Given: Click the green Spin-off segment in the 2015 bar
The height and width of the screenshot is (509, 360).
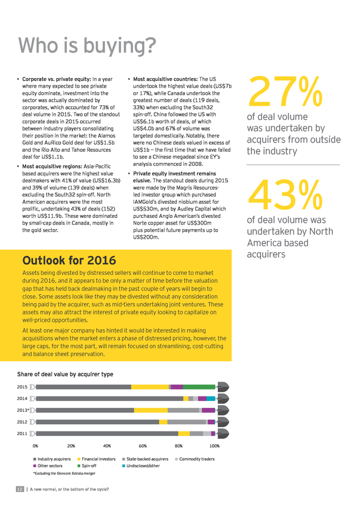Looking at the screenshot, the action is [x=199, y=387].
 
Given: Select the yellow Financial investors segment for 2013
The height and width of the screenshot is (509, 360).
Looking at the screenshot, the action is [x=151, y=410].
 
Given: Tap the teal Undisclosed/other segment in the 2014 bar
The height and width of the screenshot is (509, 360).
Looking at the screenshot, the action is [x=211, y=398].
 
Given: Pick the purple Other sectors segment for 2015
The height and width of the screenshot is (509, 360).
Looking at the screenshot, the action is [x=177, y=387].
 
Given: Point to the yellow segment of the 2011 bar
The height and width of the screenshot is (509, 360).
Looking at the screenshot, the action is [x=184, y=433].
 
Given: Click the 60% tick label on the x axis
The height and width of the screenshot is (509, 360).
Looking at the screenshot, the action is [x=143, y=446].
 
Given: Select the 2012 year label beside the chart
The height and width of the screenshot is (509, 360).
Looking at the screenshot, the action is [x=22, y=422].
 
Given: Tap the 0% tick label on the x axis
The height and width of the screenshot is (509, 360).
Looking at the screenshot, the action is [x=36, y=446].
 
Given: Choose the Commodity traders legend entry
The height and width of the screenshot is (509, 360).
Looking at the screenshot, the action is [x=195, y=459].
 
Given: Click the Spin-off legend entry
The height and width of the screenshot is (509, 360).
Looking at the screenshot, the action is [x=87, y=465].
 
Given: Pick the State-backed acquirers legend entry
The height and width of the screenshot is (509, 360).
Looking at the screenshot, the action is [x=145, y=459].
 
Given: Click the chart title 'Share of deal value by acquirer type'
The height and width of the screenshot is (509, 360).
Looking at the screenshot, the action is [x=65, y=374].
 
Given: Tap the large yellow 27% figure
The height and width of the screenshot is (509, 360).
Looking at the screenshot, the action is [x=285, y=91].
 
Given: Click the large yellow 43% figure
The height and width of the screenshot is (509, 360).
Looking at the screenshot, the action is [x=285, y=195].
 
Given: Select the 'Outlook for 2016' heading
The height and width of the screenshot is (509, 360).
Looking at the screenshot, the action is [x=69, y=260].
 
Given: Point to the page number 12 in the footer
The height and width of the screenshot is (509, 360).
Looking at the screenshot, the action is [x=20, y=489].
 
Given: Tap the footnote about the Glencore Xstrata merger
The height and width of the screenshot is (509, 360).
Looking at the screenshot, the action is [x=65, y=473].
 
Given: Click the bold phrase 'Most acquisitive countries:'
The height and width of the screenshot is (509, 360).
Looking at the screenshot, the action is [x=165, y=79].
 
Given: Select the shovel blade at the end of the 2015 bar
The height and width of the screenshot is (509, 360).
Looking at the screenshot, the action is [x=223, y=387].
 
